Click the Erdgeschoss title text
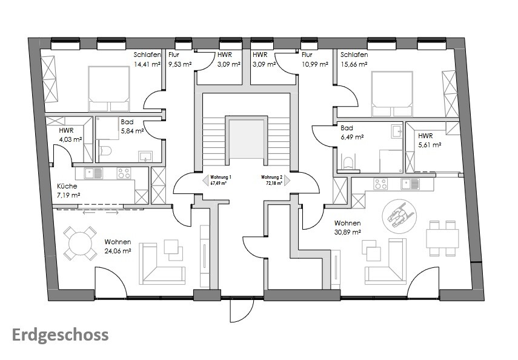click(60, 336)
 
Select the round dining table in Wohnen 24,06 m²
click(80, 243)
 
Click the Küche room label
click(67, 186)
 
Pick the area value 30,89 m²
click(347, 232)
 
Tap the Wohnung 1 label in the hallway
click(221, 177)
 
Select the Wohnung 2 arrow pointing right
click(287, 181)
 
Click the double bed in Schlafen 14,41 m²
click(108, 88)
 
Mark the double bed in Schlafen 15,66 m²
click(392, 93)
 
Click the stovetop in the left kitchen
click(124, 173)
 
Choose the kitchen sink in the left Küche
click(93, 173)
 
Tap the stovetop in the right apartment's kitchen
click(380, 184)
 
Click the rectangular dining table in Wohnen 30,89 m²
click(442, 238)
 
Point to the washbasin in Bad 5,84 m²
click(145, 156)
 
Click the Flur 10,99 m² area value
click(315, 64)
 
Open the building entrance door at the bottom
click(241, 310)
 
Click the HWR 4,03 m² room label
click(70, 135)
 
